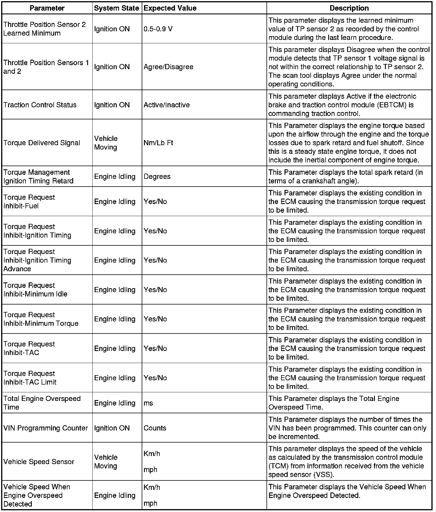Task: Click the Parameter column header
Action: point(47,8)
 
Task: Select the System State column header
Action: point(116,8)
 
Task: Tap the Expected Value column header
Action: point(170,8)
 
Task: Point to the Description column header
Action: point(349,8)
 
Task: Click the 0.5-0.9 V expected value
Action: point(158,29)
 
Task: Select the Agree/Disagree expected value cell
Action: point(168,67)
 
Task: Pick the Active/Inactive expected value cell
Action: point(167,105)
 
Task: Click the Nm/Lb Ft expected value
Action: point(158,143)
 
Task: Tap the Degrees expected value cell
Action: point(157,176)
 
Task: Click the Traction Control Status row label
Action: point(40,105)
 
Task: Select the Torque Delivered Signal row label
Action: point(42,143)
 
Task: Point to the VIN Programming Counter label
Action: point(46,428)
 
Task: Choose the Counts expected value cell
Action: point(155,428)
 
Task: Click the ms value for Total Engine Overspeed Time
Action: point(148,403)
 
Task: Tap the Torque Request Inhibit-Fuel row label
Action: point(29,201)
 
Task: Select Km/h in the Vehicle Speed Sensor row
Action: point(152,453)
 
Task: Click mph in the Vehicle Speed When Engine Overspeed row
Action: point(151,503)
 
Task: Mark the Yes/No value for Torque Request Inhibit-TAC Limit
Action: point(155,378)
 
